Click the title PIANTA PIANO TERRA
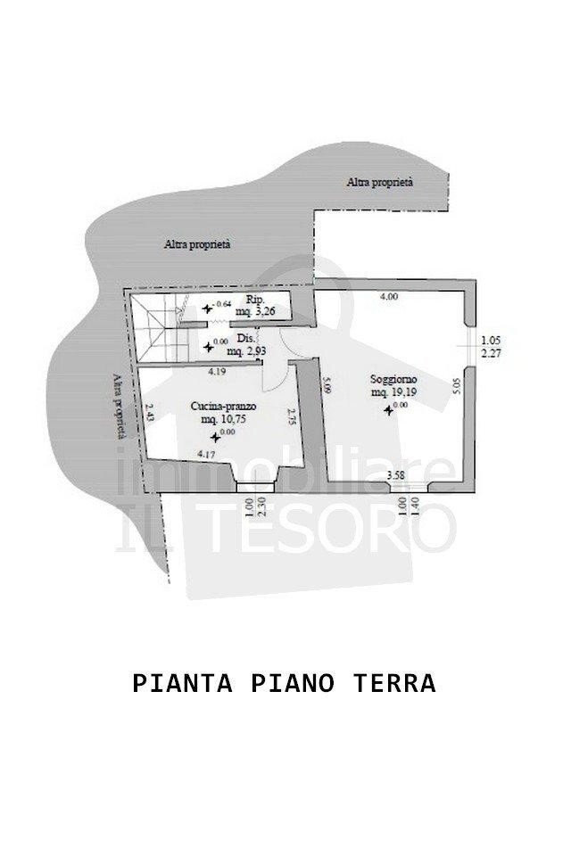(x=284, y=684)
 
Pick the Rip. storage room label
(x=252, y=300)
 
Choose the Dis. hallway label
(x=247, y=339)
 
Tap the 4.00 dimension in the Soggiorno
(x=389, y=297)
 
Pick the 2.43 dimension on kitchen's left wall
(x=149, y=414)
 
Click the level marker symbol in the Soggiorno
(x=388, y=409)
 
